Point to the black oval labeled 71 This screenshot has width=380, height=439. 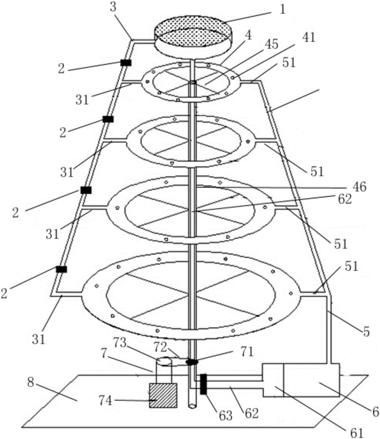tap(192, 362)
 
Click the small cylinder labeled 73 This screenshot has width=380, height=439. tap(165, 362)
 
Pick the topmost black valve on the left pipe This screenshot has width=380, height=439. tap(126, 63)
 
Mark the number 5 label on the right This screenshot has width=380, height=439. tap(366, 332)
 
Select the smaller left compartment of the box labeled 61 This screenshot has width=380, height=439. tap(273, 380)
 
